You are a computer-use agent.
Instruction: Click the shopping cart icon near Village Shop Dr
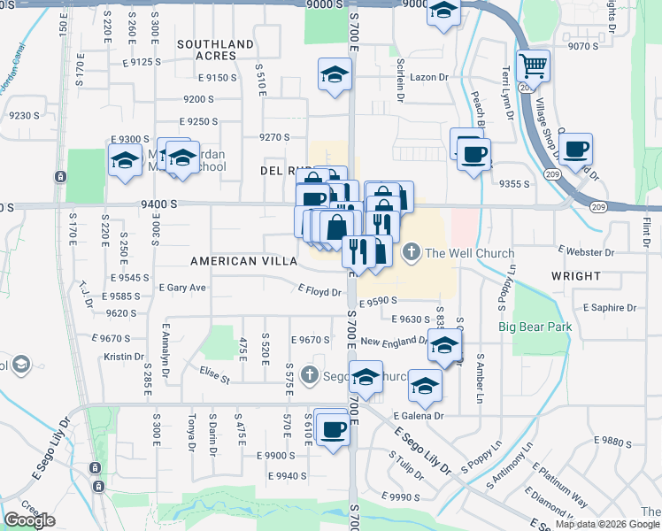(533, 65)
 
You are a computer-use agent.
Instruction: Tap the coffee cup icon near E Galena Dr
(332, 429)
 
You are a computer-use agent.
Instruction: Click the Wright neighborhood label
(575, 276)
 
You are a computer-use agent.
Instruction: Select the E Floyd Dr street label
(319, 290)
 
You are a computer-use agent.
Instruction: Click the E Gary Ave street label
(182, 288)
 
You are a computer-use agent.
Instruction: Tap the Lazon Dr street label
(430, 78)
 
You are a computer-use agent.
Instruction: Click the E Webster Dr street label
(586, 252)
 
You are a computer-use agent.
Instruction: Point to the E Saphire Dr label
(610, 307)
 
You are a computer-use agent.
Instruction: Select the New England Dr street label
(395, 342)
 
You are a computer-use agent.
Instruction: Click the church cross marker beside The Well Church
(411, 253)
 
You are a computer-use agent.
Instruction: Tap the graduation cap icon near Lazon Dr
(335, 75)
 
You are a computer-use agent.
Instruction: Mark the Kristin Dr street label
(123, 357)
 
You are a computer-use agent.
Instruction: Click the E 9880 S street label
(617, 440)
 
